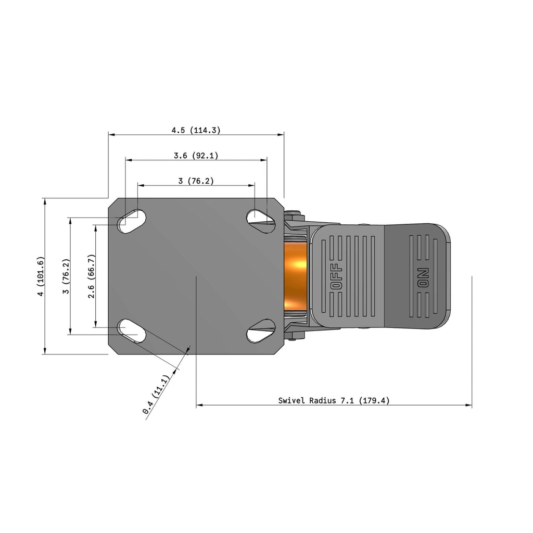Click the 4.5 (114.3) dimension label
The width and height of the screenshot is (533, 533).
[x=196, y=130]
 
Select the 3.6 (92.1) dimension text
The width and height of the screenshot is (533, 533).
[x=196, y=156]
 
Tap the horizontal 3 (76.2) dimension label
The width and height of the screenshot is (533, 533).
[x=196, y=181]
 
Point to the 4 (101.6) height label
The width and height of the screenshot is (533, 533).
[x=41, y=276]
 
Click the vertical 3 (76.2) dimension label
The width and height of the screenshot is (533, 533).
[x=66, y=276]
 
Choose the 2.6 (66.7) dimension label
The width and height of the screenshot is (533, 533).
[x=91, y=276]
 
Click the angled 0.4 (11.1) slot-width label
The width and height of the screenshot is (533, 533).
[x=156, y=395]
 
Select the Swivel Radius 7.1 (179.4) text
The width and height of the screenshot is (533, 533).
[x=334, y=400]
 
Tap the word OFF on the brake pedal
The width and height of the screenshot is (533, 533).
[x=337, y=276]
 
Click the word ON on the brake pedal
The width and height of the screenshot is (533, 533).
[x=423, y=278]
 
